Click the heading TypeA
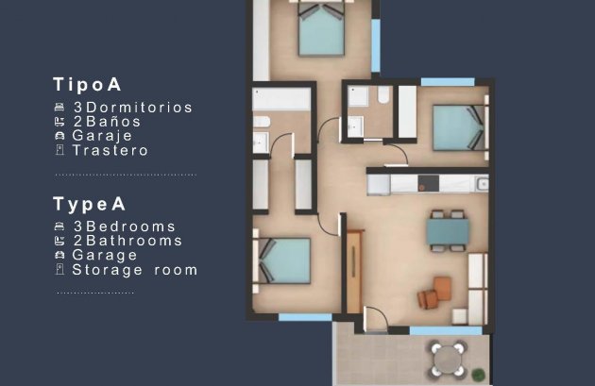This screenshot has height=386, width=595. pos(90,203)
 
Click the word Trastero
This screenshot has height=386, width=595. pos(110,150)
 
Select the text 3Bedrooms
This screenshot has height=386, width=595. pos(124,227)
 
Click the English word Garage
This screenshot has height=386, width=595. pos(105,255)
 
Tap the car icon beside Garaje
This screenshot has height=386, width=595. pos(59,136)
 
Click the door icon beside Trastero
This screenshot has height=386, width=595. pos(59,150)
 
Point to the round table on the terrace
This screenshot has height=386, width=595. pos(448,358)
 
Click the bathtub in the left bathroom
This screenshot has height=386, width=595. pos(281,99)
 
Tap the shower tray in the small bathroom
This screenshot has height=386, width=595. pos(359,97)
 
